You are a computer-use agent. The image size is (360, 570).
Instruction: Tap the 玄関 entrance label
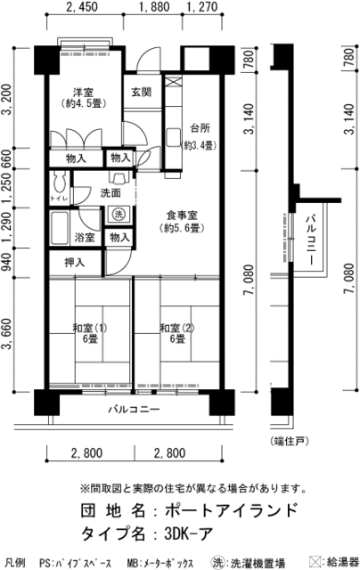pos(141,93)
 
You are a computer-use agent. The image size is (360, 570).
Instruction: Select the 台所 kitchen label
pos(200,125)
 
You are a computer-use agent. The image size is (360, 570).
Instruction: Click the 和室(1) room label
pos(89,327)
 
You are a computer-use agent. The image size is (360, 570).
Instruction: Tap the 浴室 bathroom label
pos(84,238)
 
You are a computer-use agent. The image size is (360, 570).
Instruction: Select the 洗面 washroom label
pos(110,192)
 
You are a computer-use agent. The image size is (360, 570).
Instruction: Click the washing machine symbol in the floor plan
pos(118,214)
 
